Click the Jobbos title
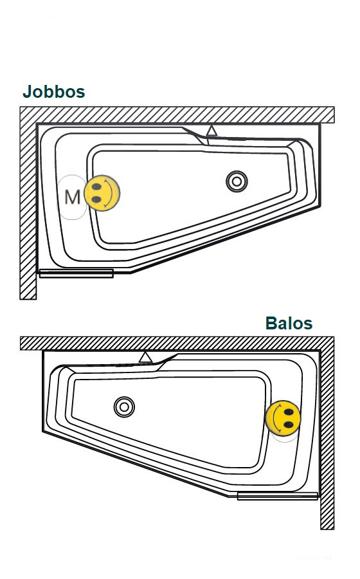[x=54, y=91]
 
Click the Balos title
[x=289, y=323]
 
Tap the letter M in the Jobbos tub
[x=72, y=197]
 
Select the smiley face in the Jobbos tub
[x=102, y=193]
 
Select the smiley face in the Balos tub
[x=283, y=418]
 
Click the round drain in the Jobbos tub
[x=237, y=181]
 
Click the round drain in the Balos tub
[x=124, y=407]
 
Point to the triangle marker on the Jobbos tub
[x=212, y=131]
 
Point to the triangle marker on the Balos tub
[x=145, y=358]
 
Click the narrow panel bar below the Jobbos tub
[x=76, y=273]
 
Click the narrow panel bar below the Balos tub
[x=277, y=496]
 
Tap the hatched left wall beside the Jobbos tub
[x=28, y=210]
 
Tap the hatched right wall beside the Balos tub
[x=327, y=439]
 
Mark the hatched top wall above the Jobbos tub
[x=177, y=115]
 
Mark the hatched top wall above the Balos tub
[x=177, y=344]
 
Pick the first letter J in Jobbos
[x=27, y=91]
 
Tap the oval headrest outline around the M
[x=59, y=198]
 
